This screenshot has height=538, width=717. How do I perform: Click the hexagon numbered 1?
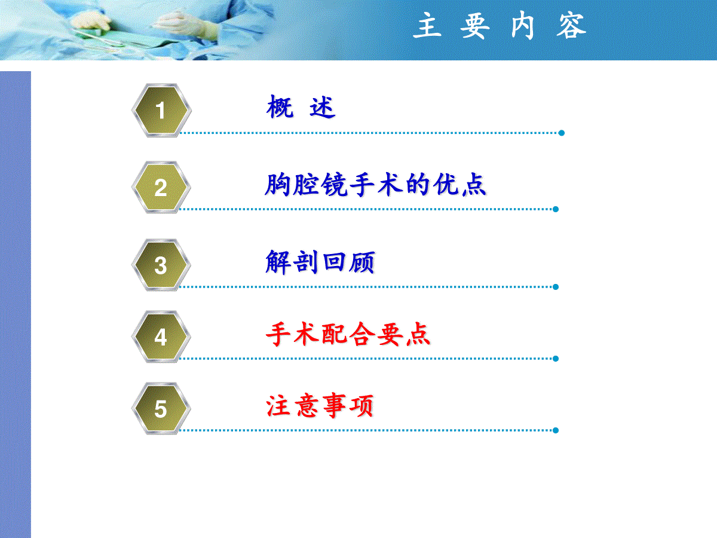click(x=161, y=110)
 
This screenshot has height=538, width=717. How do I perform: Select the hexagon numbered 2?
click(x=161, y=187)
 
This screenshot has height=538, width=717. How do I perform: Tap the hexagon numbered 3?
click(x=161, y=265)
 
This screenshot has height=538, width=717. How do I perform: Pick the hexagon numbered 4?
click(x=161, y=337)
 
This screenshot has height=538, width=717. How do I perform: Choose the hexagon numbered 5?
click(x=161, y=408)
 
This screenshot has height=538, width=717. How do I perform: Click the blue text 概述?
click(x=301, y=107)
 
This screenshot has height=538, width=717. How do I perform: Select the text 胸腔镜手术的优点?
click(x=376, y=185)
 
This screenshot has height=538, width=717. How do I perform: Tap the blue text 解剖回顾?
click(x=320, y=262)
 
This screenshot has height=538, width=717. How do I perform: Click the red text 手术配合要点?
click(x=348, y=334)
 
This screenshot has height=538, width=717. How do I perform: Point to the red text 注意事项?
click(x=320, y=406)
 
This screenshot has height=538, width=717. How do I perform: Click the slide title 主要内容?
click(x=500, y=26)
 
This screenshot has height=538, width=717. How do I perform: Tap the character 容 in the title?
click(x=571, y=26)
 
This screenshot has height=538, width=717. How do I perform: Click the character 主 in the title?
click(x=428, y=25)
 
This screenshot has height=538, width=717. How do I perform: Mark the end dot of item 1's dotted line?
click(x=562, y=133)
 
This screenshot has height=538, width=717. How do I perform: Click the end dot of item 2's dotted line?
click(x=556, y=209)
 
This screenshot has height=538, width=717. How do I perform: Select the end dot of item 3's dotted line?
click(x=556, y=287)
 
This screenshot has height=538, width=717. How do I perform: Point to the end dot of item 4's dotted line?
click(x=556, y=359)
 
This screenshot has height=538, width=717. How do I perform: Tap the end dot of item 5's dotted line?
click(x=556, y=430)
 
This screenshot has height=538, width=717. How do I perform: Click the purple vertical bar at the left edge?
click(x=16, y=304)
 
